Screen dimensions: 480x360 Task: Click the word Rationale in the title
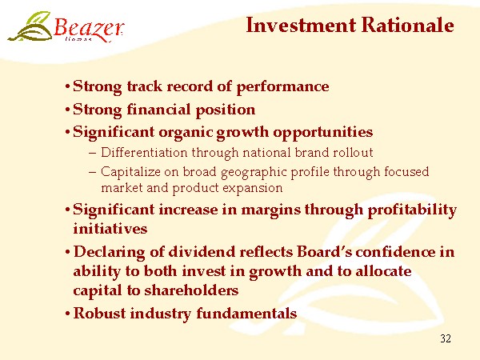(407, 25)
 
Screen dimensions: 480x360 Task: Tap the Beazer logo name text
(89, 28)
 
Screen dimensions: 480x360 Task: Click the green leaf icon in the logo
(30, 27)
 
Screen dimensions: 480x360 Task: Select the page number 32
(446, 338)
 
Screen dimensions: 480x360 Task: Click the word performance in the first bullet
(282, 87)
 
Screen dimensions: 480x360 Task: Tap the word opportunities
(322, 133)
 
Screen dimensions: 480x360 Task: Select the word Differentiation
(144, 152)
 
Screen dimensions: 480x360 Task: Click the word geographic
(254, 173)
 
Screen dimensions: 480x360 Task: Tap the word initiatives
(110, 229)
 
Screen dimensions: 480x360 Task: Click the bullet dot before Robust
(68, 314)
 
